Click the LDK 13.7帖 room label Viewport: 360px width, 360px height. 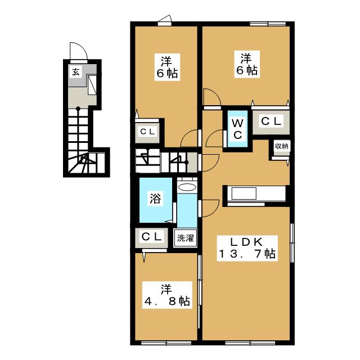(x=246, y=247)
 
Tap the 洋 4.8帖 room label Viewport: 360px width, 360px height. (x=165, y=295)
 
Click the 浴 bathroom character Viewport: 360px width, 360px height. (x=155, y=198)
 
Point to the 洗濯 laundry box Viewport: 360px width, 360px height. (x=185, y=237)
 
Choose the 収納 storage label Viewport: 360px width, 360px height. (x=281, y=147)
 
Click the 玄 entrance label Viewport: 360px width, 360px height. (x=75, y=71)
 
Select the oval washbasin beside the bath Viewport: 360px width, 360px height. (x=187, y=187)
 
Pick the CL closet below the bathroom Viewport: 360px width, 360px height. (x=150, y=237)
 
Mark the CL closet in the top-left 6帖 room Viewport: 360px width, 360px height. (x=148, y=132)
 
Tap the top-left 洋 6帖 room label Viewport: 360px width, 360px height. (x=164, y=67)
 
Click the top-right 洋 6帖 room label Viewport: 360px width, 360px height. (x=245, y=64)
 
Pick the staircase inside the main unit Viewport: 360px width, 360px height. (x=166, y=161)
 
